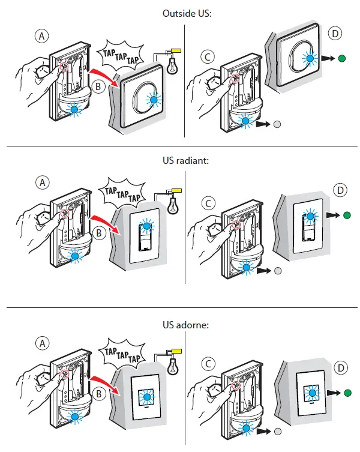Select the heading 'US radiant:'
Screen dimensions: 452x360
tap(182, 160)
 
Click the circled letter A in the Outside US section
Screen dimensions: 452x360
tap(41, 36)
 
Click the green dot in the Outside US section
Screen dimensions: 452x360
tap(342, 59)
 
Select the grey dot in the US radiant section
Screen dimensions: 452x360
tap(277, 271)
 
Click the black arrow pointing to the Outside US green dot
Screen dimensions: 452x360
tap(326, 59)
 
